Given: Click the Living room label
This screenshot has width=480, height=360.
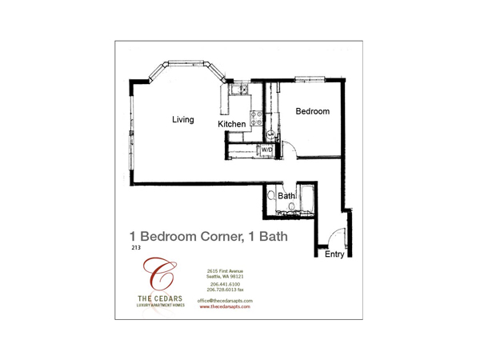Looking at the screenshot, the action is pos(182,119).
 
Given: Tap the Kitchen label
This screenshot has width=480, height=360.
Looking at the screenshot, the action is pos(232,124).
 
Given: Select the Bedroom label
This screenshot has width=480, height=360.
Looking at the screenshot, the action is pos(313,111).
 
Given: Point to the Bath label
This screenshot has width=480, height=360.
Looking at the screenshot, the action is pos(286,196).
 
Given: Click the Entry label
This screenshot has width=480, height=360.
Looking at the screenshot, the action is pos(334,254).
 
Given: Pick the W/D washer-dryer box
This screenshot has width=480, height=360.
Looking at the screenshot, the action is pos(266,150).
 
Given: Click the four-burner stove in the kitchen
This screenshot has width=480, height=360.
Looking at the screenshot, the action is pos(257,118).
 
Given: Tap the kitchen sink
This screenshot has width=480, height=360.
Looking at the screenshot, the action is pos(239,90).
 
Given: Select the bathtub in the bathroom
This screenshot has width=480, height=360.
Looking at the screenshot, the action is pos(307,198).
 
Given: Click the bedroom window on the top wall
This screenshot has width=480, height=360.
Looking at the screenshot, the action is pos(310,78).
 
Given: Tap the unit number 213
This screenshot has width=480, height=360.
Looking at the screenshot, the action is pos(136,247).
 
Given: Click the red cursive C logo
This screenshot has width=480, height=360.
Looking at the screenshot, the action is pos(159,274).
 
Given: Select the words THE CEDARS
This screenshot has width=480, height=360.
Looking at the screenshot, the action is pos(160,298).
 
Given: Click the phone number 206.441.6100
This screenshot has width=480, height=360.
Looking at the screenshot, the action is pos(225,284).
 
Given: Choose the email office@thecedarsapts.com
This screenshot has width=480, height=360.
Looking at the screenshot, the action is pos(225,301).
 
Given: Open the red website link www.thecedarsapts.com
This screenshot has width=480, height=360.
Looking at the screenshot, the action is pos(225,306).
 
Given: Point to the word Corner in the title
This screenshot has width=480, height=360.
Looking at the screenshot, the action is pos(222,237).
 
